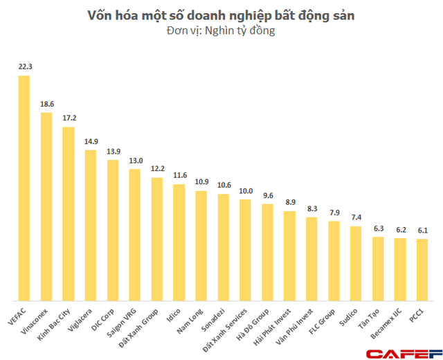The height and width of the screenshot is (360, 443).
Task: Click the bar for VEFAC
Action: coord(24,187)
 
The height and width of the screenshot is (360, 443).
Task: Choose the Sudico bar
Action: coord(356,262)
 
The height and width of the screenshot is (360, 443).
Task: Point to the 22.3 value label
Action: coord(24,67)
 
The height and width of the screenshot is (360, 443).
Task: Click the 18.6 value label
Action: coord(46,104)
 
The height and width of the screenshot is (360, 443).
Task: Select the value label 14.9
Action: coord(90,141)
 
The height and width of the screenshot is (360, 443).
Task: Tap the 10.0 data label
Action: coord(245,191)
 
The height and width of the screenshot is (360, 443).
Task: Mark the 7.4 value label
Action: coord(356,217)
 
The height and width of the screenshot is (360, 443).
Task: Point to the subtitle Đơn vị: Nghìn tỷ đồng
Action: coord(221,31)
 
